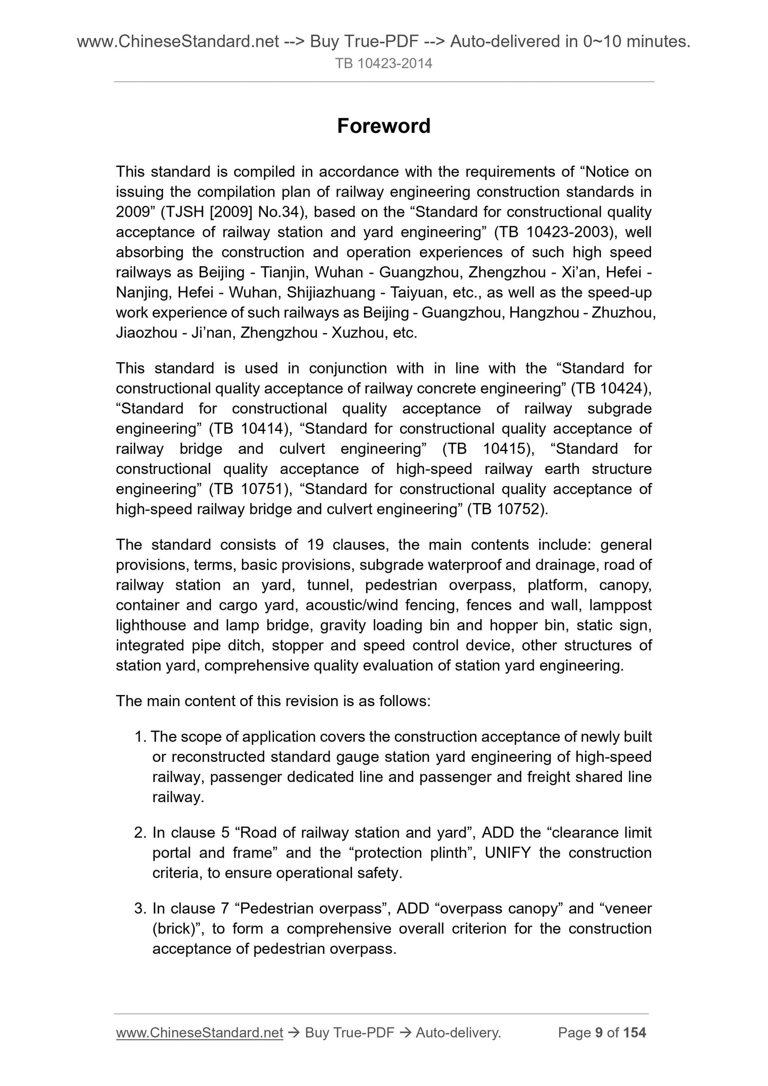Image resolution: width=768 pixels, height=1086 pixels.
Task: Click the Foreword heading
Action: (384, 126)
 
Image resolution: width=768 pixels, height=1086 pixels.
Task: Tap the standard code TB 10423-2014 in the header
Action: (384, 64)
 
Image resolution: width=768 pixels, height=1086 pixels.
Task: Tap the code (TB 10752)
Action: (507, 509)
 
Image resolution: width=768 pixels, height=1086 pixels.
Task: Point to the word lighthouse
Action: (151, 625)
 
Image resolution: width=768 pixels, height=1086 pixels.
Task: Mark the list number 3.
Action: (140, 909)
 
